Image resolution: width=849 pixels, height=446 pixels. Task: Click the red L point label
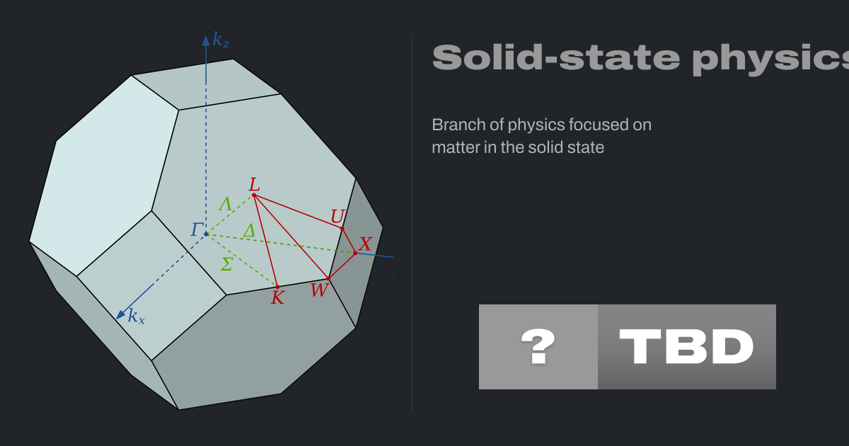point(254,185)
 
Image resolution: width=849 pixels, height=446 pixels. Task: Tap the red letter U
point(337,217)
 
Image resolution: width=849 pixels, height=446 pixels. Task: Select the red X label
point(365,244)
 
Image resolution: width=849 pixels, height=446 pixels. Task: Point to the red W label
point(320,290)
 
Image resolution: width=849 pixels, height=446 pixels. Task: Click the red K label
point(277,298)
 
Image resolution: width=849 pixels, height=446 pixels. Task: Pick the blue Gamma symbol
point(197,229)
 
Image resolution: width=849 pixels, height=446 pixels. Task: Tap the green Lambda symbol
point(225,205)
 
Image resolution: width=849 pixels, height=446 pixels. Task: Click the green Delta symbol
point(249,231)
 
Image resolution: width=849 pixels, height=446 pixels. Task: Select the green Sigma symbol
point(226,264)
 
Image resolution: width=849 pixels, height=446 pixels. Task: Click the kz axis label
point(221,40)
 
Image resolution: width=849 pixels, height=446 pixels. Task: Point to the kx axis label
point(137,316)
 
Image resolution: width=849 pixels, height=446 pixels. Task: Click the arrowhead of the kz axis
point(206,40)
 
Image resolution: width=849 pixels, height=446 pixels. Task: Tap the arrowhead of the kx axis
point(120,315)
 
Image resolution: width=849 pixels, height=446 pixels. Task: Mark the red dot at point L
point(254,195)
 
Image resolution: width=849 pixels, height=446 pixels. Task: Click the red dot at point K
point(277,287)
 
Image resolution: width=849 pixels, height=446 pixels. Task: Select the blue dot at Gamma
point(206,234)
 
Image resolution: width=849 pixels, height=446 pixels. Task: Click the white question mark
point(538,347)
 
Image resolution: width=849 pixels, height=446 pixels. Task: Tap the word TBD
point(686,347)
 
